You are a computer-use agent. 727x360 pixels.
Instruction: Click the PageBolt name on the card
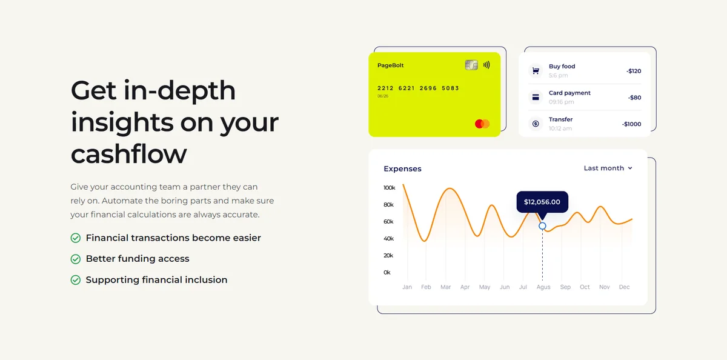point(390,65)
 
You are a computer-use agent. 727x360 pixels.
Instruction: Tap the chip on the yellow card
point(471,65)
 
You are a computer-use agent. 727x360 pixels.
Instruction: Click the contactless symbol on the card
point(486,65)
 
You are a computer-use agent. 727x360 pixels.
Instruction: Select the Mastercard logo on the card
point(482,124)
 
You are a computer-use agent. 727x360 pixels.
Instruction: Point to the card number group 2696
point(428,88)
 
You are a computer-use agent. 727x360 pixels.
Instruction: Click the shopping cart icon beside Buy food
point(536,71)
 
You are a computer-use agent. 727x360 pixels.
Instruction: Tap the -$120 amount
point(634,71)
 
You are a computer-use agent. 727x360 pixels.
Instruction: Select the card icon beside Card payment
point(536,97)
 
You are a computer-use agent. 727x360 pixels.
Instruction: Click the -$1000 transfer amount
point(631,124)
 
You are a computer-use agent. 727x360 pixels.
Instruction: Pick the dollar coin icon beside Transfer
point(536,124)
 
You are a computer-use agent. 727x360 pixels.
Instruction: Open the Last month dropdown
point(608,168)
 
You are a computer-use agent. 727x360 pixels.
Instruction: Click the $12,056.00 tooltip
point(542,202)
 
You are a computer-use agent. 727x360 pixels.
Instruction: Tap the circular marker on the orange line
point(542,226)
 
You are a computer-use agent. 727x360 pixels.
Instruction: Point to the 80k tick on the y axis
point(388,205)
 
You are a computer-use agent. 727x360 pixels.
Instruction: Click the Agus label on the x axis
point(543,287)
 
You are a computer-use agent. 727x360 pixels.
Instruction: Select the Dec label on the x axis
point(624,287)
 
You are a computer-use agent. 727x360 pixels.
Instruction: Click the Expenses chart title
point(402,169)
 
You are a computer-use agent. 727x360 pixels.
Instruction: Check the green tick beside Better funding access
point(76,259)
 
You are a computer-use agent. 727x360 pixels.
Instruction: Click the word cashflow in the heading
point(129,154)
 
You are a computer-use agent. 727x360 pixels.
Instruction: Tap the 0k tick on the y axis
point(387,272)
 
